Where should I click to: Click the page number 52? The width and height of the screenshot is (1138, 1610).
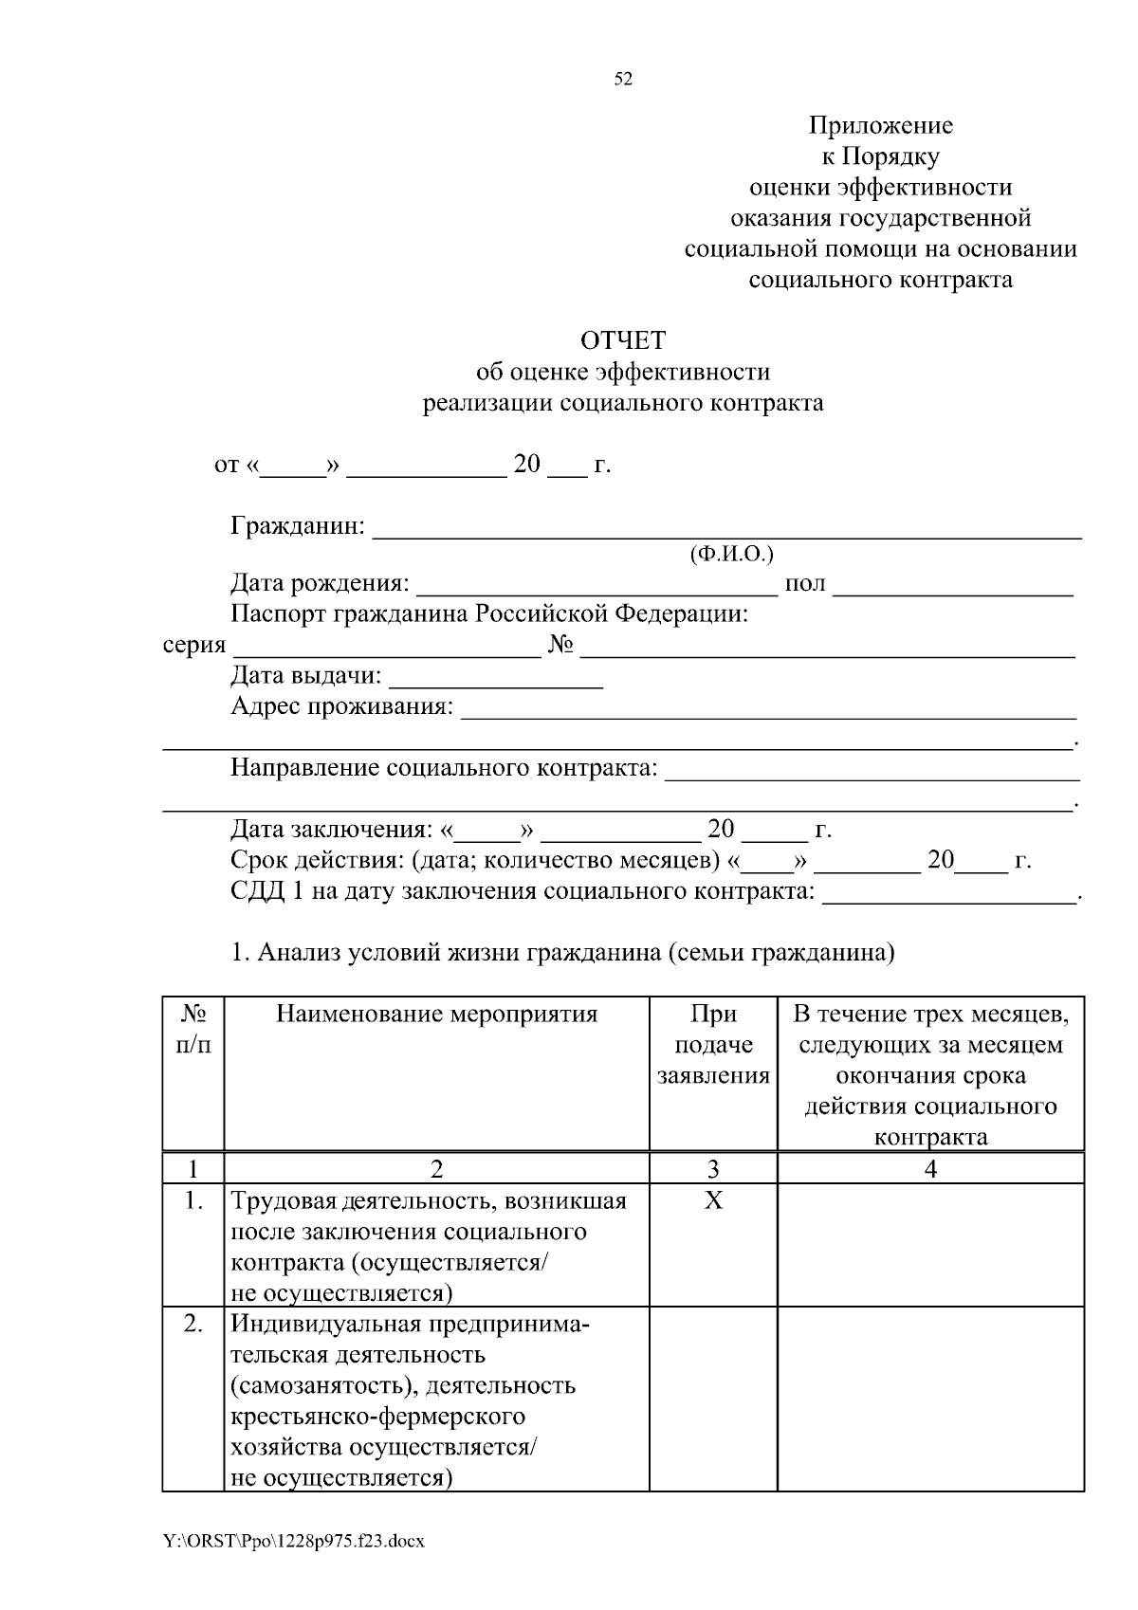pos(623,79)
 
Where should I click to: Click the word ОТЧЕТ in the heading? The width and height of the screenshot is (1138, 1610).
pos(623,340)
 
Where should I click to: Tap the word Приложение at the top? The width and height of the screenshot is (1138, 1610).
pos(880,125)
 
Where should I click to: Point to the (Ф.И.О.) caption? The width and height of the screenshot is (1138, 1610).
pos(731,554)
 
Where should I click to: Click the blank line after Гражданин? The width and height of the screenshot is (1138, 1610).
pos(726,529)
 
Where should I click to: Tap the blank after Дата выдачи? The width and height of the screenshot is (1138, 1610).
pos(496,677)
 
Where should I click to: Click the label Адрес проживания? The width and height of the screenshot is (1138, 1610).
pos(341,707)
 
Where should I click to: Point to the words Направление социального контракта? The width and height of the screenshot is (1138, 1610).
pos(444,768)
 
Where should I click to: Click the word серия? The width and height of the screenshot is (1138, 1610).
pos(194,647)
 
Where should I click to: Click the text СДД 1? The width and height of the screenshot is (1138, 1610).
pos(266,892)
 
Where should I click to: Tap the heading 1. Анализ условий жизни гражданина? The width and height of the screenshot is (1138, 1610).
pos(563,953)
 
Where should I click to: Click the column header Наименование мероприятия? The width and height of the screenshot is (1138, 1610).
pos(436,1015)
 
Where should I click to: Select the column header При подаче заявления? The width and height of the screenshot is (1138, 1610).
pos(713,1045)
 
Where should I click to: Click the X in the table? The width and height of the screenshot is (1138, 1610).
pos(713,1201)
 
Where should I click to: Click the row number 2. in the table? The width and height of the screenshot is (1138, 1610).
pos(193,1325)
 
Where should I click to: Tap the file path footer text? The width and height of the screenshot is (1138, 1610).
pos(293,1542)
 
